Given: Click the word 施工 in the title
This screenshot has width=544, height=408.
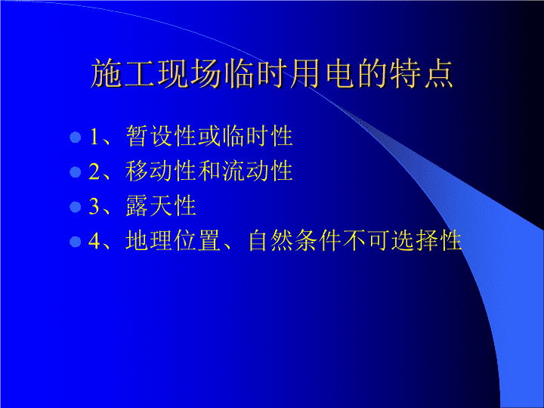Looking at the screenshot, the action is point(123,73).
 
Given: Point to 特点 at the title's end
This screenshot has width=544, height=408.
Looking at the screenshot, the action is point(422,73).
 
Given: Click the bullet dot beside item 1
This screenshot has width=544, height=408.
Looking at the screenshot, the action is point(76,137).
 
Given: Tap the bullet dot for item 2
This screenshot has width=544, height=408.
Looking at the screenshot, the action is point(76,172).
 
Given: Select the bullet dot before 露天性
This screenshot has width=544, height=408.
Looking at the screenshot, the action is point(76,207).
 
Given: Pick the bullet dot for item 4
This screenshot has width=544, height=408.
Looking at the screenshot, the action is point(76,242).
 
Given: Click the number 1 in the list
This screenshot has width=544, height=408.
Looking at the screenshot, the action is point(94,137).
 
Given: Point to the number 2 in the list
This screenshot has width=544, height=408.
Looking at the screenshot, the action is point(94,172).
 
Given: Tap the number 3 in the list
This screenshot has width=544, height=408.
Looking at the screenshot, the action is point(94,206).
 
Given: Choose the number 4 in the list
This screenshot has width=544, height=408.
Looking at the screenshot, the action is point(94,241).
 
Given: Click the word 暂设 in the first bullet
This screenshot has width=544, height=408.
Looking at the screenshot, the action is point(150,136).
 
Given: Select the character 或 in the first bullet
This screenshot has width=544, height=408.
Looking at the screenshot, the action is point(209,136).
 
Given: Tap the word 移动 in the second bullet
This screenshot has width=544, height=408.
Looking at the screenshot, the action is point(150,171).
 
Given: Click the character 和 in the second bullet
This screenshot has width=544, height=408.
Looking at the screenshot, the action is point(209,171).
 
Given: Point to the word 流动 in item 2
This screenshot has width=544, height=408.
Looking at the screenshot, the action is point(246,171).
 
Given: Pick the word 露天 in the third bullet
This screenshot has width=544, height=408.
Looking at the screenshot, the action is point(150,206).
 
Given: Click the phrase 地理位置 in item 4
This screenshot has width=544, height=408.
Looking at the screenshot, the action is point(173,240).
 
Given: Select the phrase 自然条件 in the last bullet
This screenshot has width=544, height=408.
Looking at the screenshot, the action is point(295,240).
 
